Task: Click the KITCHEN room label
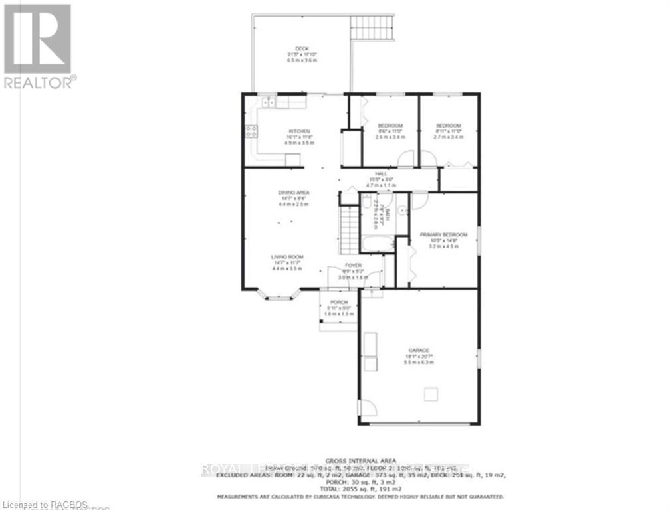click(x=299, y=131)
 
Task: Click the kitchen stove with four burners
click(x=251, y=131)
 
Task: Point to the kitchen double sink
click(x=269, y=102)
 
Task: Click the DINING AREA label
click(x=294, y=193)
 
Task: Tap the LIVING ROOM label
click(x=286, y=257)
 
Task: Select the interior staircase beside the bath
click(x=349, y=229)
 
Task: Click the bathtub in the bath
click(x=377, y=242)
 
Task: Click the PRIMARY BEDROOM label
click(x=443, y=235)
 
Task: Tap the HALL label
click(x=381, y=173)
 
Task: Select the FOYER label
click(x=353, y=265)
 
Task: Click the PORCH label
click(x=338, y=302)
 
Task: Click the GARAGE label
click(x=419, y=351)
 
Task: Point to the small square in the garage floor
click(x=431, y=394)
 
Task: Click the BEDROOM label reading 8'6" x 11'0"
click(x=390, y=126)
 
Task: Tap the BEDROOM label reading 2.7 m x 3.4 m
click(x=448, y=136)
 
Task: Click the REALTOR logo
click(x=38, y=46)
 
